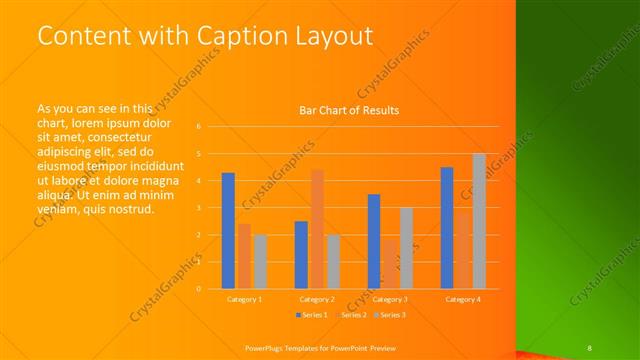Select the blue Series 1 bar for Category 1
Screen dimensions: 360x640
point(229,231)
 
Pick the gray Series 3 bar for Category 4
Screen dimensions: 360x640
point(478,221)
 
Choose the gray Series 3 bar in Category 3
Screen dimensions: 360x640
point(406,248)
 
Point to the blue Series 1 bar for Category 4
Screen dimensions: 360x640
point(446,228)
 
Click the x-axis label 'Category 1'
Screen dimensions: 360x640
point(245,299)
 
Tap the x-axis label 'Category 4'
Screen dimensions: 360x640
point(463,299)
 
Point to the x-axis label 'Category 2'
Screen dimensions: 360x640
point(317,299)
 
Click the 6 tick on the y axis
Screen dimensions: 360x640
point(199,127)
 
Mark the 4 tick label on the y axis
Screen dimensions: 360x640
point(199,181)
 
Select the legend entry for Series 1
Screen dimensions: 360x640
point(311,315)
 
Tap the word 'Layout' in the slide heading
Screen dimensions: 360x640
point(331,36)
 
